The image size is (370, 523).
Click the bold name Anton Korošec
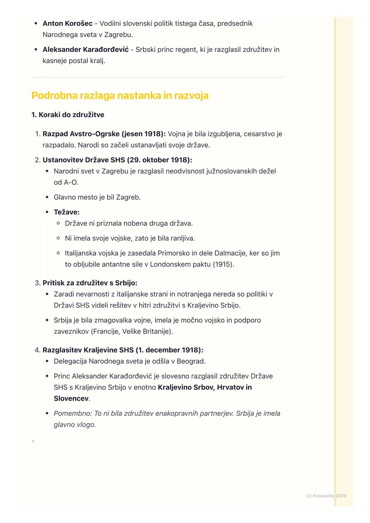67,24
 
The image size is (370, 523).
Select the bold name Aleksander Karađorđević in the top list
86,50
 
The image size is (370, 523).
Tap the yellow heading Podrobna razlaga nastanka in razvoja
120,95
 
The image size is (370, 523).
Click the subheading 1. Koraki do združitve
68,115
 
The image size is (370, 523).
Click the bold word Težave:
66,212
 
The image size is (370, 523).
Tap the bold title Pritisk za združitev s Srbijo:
90,283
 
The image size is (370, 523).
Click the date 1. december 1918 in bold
170,350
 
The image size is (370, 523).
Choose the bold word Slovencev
71,399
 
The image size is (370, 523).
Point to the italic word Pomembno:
73,413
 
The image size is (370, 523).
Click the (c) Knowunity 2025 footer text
326,496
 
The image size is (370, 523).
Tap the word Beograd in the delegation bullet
191,361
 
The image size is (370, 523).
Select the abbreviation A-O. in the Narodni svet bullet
71,182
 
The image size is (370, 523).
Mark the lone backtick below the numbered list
33,442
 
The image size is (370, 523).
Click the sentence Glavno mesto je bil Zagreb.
97,197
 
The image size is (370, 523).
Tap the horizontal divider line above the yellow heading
157,77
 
